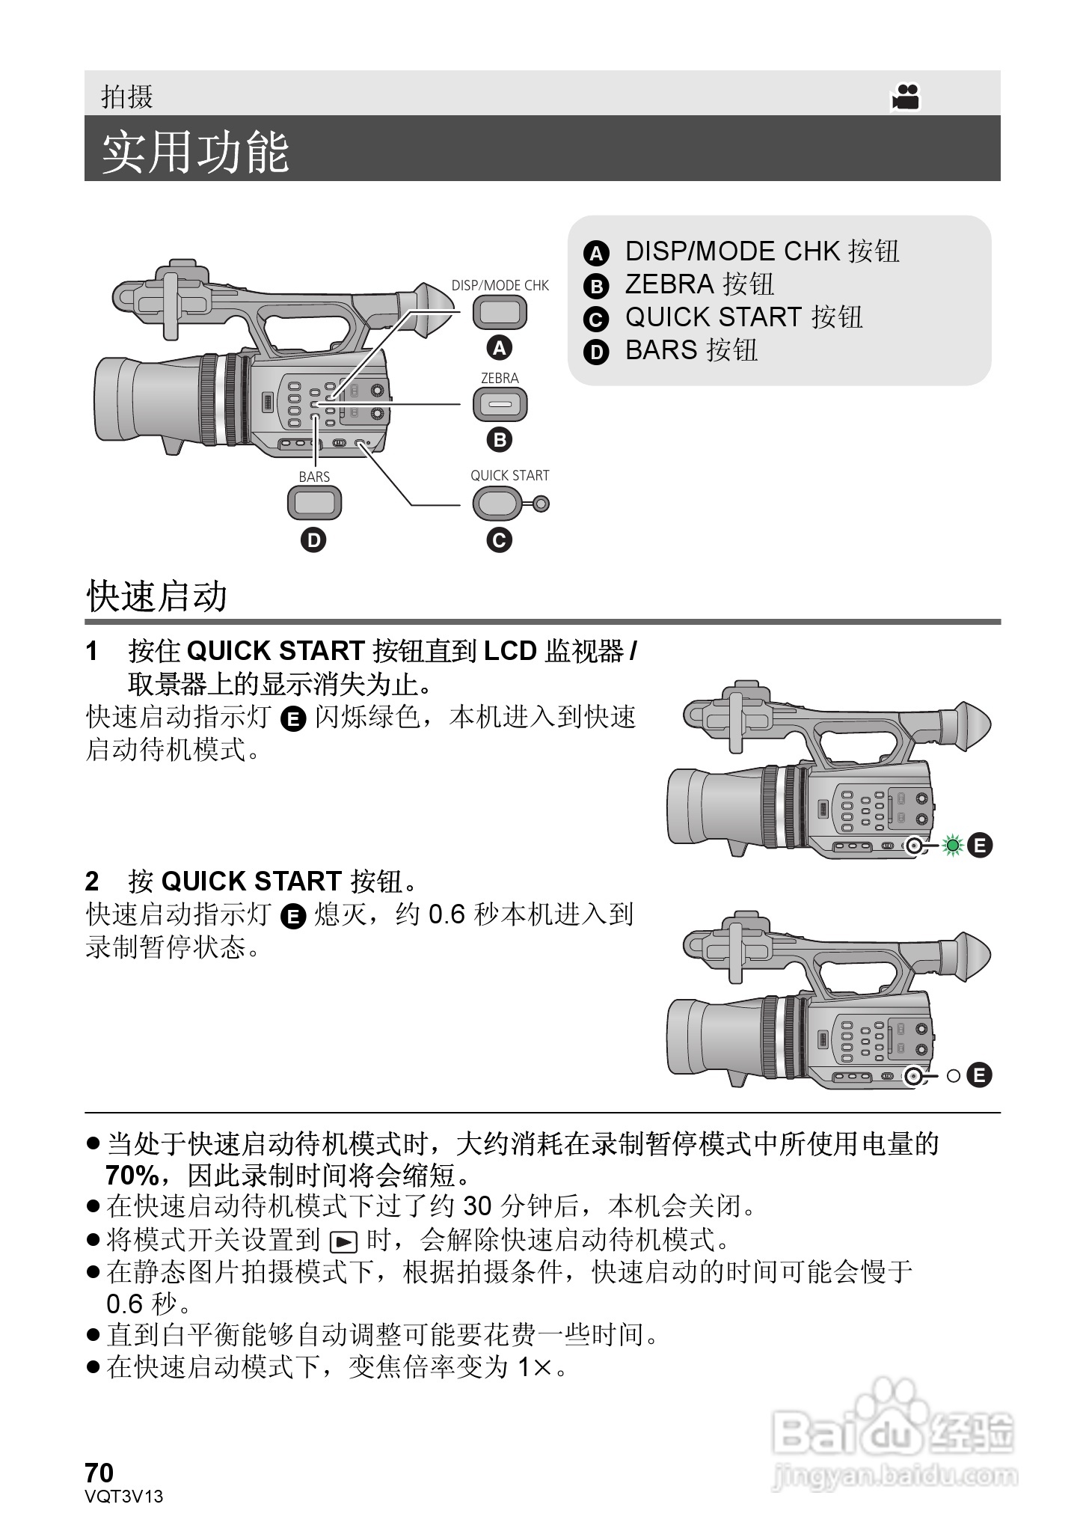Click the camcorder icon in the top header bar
click(x=905, y=97)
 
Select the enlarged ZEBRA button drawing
click(x=500, y=405)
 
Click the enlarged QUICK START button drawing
click(x=497, y=502)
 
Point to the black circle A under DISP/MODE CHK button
click(x=499, y=348)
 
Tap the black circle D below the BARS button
click(x=313, y=540)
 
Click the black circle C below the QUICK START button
click(x=499, y=540)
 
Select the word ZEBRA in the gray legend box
click(x=669, y=284)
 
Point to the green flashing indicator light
click(x=952, y=846)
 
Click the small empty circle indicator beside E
click(x=953, y=1076)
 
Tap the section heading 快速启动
click(x=156, y=596)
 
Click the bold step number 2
click(x=92, y=881)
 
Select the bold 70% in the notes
click(x=132, y=1176)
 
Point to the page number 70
click(x=99, y=1473)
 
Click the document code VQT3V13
click(x=124, y=1496)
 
